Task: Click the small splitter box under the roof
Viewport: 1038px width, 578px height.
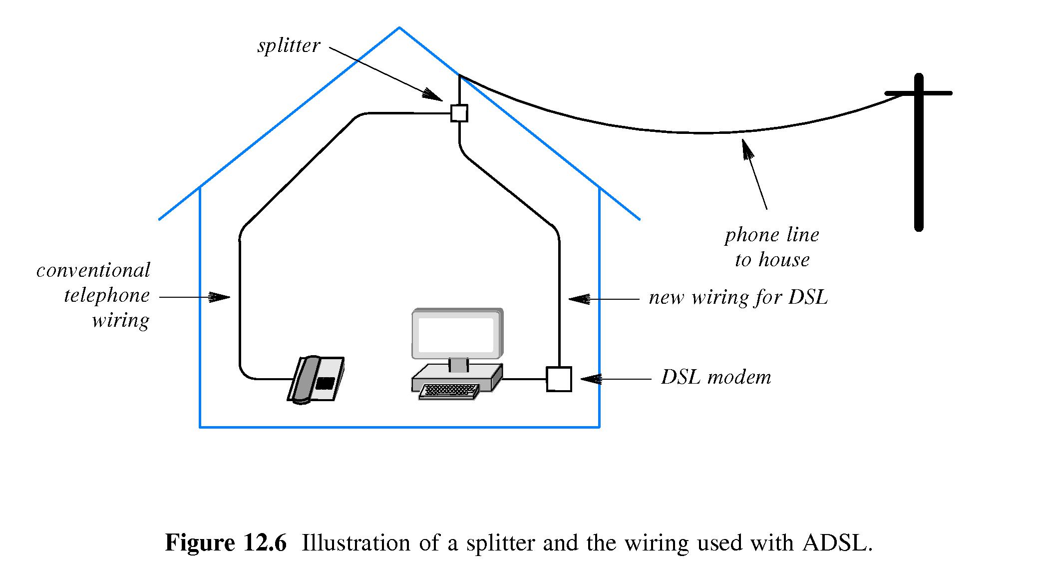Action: (x=459, y=113)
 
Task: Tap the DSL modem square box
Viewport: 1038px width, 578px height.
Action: (x=559, y=379)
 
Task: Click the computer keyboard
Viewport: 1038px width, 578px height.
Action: (x=449, y=391)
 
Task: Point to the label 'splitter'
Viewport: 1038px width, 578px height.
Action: (x=288, y=45)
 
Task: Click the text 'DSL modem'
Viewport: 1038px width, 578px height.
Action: (x=715, y=377)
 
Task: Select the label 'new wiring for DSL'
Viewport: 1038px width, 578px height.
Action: (x=738, y=298)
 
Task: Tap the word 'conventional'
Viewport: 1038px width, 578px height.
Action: (x=93, y=270)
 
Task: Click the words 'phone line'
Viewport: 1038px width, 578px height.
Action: (x=771, y=235)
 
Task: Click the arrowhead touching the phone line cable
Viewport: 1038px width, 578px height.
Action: (x=746, y=149)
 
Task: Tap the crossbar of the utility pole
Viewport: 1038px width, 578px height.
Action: (x=918, y=93)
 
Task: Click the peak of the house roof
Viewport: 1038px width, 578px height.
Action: (x=399, y=28)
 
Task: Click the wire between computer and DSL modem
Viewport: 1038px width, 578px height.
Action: (x=524, y=379)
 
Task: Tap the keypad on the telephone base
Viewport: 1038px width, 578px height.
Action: (x=325, y=383)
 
